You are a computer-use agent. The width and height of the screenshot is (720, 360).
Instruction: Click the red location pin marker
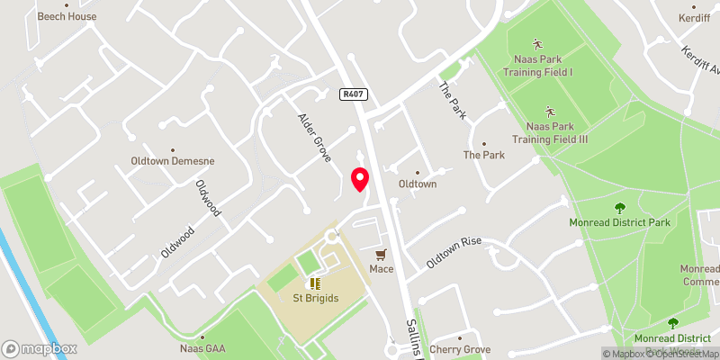click(360, 180)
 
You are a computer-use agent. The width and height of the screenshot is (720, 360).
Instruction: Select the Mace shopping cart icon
click(381, 255)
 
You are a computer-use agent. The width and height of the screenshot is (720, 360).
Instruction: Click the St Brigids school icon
click(315, 284)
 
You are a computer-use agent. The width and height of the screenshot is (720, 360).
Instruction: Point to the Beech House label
click(67, 16)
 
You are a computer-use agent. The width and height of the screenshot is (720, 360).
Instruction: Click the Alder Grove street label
click(315, 138)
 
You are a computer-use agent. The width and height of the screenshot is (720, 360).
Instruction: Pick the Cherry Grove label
click(460, 349)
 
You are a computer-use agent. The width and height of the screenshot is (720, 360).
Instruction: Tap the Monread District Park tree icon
click(620, 208)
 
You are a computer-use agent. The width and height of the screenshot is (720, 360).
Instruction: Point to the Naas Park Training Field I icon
click(537, 43)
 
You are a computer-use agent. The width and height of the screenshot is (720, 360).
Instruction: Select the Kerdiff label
click(695, 18)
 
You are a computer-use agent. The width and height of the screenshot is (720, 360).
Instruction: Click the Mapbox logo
click(40, 348)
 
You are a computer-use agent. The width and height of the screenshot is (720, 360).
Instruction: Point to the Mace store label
click(381, 269)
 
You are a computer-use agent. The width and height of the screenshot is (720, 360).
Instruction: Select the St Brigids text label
click(315, 299)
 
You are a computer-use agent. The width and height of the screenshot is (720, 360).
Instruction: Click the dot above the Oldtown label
click(417, 173)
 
